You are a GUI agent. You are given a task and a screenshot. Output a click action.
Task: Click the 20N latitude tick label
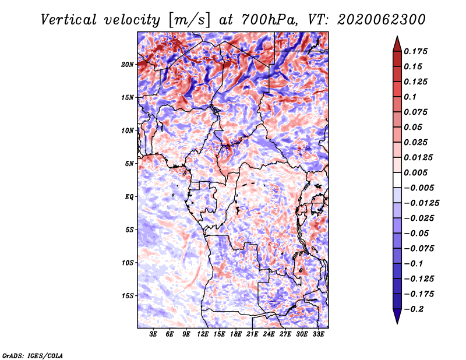pyautogui.click(x=128, y=65)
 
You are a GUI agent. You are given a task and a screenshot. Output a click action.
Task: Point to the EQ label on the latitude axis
pyautogui.click(x=129, y=197)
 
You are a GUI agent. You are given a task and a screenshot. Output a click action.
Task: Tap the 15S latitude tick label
pyautogui.click(x=128, y=296)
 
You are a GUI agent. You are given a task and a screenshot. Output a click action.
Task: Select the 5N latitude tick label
pyautogui.click(x=129, y=164)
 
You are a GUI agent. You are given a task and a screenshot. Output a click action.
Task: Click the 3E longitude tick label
pyautogui.click(x=153, y=334)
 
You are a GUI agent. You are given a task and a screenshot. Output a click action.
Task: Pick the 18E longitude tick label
pyautogui.click(x=236, y=334)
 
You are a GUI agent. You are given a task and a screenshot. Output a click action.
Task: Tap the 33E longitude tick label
pyautogui.click(x=318, y=334)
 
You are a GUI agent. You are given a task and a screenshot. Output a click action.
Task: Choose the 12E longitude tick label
pyautogui.click(x=203, y=334)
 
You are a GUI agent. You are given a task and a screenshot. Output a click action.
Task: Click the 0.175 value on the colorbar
pyautogui.click(x=415, y=51)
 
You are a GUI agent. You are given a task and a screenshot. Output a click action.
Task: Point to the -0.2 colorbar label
pyautogui.click(x=414, y=309)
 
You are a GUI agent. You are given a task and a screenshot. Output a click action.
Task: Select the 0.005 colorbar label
pyautogui.click(x=415, y=172)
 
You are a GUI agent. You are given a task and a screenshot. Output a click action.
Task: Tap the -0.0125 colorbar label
pyautogui.click(x=421, y=203)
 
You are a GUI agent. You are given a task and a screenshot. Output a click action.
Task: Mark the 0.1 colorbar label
pyautogui.click(x=410, y=97)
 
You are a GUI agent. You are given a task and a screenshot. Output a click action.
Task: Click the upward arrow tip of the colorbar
pyautogui.click(x=397, y=37)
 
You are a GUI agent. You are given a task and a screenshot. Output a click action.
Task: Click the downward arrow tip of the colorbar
pyautogui.click(x=397, y=323)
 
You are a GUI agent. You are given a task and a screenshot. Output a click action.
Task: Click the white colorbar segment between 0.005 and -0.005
pyautogui.click(x=397, y=180)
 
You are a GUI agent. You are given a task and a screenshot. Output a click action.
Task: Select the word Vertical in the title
pyautogui.click(x=69, y=20)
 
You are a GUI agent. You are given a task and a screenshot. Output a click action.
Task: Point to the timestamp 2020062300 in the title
pyautogui.click(x=382, y=20)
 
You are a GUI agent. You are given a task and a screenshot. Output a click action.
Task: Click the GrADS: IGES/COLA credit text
pyautogui.click(x=33, y=355)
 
